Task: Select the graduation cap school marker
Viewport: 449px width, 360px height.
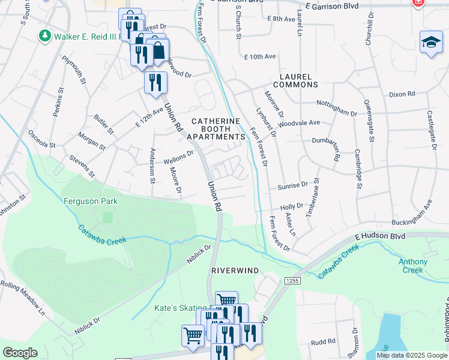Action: pos(431,42)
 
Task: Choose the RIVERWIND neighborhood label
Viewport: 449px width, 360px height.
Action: pos(235,271)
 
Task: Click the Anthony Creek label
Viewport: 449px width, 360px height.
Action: pos(414,266)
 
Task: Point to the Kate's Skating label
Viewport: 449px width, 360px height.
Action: pos(180,308)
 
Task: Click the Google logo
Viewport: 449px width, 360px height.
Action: pos(20,353)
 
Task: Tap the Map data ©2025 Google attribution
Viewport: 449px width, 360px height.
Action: pos(411,355)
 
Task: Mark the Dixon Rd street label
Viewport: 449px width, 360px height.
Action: pos(402,94)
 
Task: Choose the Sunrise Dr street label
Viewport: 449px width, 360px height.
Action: pos(292,185)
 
